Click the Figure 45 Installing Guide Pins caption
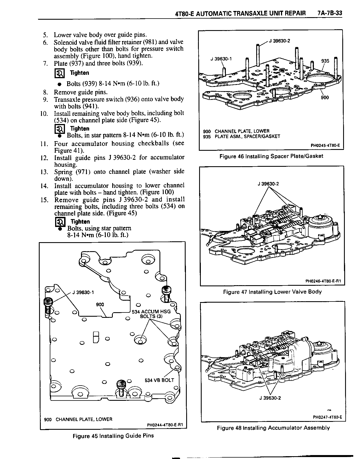pyautogui.click(x=113, y=436)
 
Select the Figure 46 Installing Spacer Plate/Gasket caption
pyautogui.click(x=271, y=156)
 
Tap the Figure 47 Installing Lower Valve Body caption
pyautogui.click(x=272, y=292)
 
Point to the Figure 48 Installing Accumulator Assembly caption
pyautogui.click(x=273, y=428)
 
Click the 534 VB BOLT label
pyautogui.click(x=159, y=380)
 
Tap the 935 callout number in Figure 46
pyautogui.click(x=325, y=61)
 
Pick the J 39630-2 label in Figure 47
pyautogui.click(x=268, y=184)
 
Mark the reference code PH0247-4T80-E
pyautogui.click(x=327, y=417)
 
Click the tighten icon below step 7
pyautogui.click(x=59, y=73)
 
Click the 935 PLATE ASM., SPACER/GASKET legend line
pyautogui.click(x=242, y=136)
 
